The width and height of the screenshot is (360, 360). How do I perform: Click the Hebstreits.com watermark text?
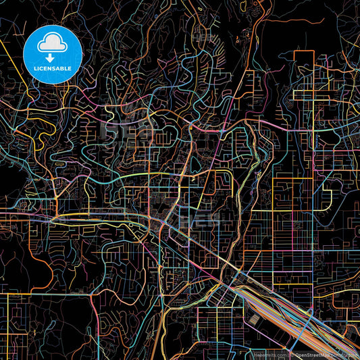pos(269,354)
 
